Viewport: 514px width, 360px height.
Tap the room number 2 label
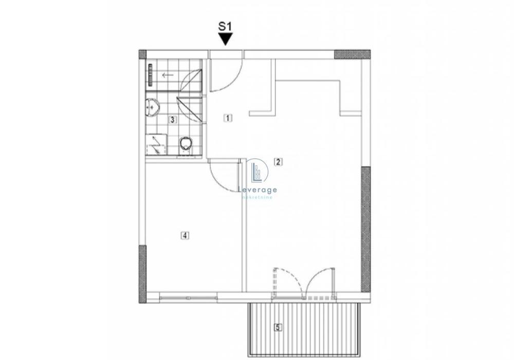(278, 162)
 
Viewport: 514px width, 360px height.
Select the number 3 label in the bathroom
(173, 120)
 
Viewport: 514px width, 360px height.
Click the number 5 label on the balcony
(278, 327)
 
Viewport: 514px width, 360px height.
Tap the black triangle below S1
(226, 40)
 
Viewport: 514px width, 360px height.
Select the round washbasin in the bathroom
(153, 106)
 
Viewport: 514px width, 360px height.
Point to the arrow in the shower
(167, 75)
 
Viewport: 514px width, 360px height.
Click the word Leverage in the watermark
(259, 190)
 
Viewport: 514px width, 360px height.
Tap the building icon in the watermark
(258, 172)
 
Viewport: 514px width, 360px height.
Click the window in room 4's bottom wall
(188, 296)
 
